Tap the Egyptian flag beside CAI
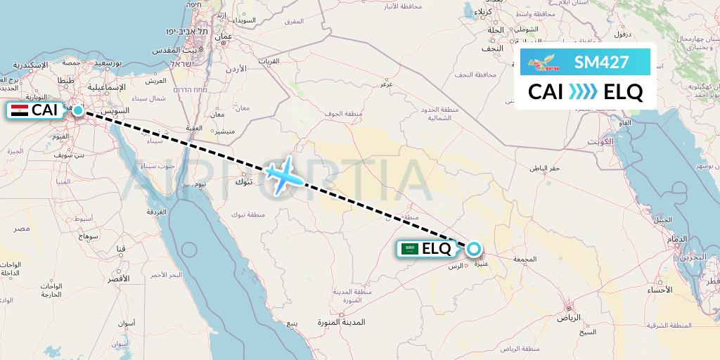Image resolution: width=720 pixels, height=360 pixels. coord(20,110)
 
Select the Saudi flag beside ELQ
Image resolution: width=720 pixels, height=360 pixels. coord(410,248)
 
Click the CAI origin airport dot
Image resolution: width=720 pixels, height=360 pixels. coord(78,110)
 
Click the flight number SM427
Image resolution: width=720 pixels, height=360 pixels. coord(601,63)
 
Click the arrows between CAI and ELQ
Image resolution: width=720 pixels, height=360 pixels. coord(582,92)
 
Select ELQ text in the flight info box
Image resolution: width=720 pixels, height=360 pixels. coord(622,92)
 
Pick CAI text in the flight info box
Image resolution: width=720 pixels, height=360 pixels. coord(546,92)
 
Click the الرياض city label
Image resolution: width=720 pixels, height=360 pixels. coord(567,318)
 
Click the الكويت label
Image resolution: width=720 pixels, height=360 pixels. coord(603,141)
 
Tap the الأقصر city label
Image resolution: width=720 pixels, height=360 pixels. coord(118,278)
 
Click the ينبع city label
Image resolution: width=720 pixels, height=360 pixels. coord(292,323)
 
